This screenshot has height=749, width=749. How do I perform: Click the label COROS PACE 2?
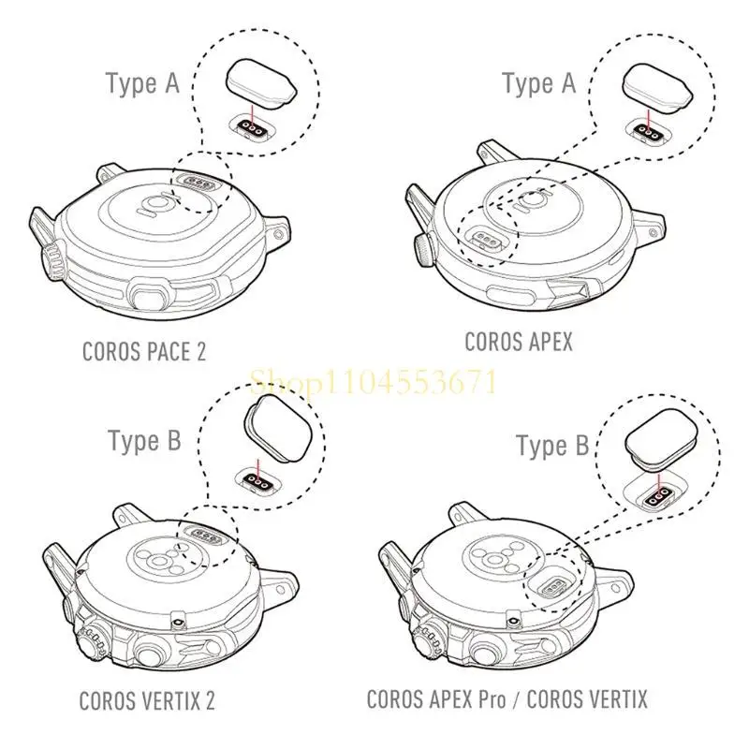(x=143, y=352)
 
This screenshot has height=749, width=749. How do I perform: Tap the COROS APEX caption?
(x=518, y=342)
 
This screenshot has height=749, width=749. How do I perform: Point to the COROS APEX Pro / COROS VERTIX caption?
(x=507, y=698)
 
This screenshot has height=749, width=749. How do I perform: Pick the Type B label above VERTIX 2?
(x=144, y=440)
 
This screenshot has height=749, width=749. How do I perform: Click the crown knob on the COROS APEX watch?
(x=422, y=248)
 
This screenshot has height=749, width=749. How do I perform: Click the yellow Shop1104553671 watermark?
(x=373, y=382)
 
